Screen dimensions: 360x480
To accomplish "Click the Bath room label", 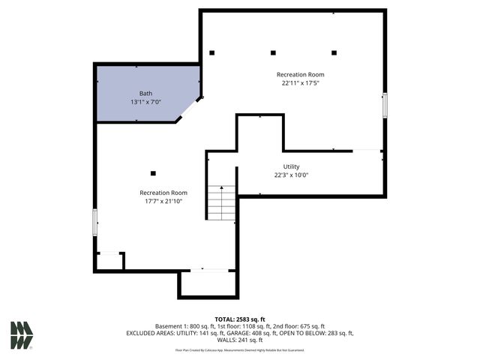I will click(x=145, y=94).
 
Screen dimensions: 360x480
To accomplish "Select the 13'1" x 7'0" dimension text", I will click(x=145, y=102).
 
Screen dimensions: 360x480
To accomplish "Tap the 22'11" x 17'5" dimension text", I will click(x=300, y=83).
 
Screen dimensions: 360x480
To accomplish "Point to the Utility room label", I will click(x=291, y=166).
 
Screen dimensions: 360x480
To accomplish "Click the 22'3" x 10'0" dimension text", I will click(x=291, y=175).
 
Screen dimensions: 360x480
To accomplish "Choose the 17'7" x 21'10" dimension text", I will click(x=163, y=201).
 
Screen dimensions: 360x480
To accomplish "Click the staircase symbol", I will click(x=221, y=202).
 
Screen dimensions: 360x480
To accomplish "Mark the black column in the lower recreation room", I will click(x=153, y=173).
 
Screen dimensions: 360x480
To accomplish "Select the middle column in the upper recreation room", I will click(x=273, y=52).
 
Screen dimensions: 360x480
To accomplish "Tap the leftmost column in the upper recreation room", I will click(x=212, y=52).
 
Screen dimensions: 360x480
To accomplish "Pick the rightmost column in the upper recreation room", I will click(x=334, y=52).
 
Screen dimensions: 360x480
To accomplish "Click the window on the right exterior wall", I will click(x=385, y=105).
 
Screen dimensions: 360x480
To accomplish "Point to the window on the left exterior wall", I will click(x=95, y=223).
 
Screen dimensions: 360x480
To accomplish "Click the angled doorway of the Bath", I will click(x=188, y=109).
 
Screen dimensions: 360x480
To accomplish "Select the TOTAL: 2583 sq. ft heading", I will click(x=240, y=319).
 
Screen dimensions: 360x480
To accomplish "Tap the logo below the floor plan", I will click(x=22, y=335).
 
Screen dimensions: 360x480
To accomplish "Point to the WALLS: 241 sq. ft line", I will click(x=240, y=339).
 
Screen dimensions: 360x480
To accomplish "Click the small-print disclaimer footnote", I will click(x=240, y=349).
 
